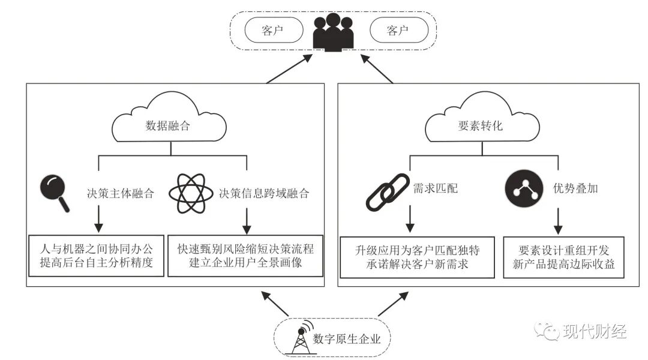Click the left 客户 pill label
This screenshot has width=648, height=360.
point(273,31)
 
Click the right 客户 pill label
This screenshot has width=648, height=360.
point(399,31)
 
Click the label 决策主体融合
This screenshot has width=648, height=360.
point(119,193)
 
